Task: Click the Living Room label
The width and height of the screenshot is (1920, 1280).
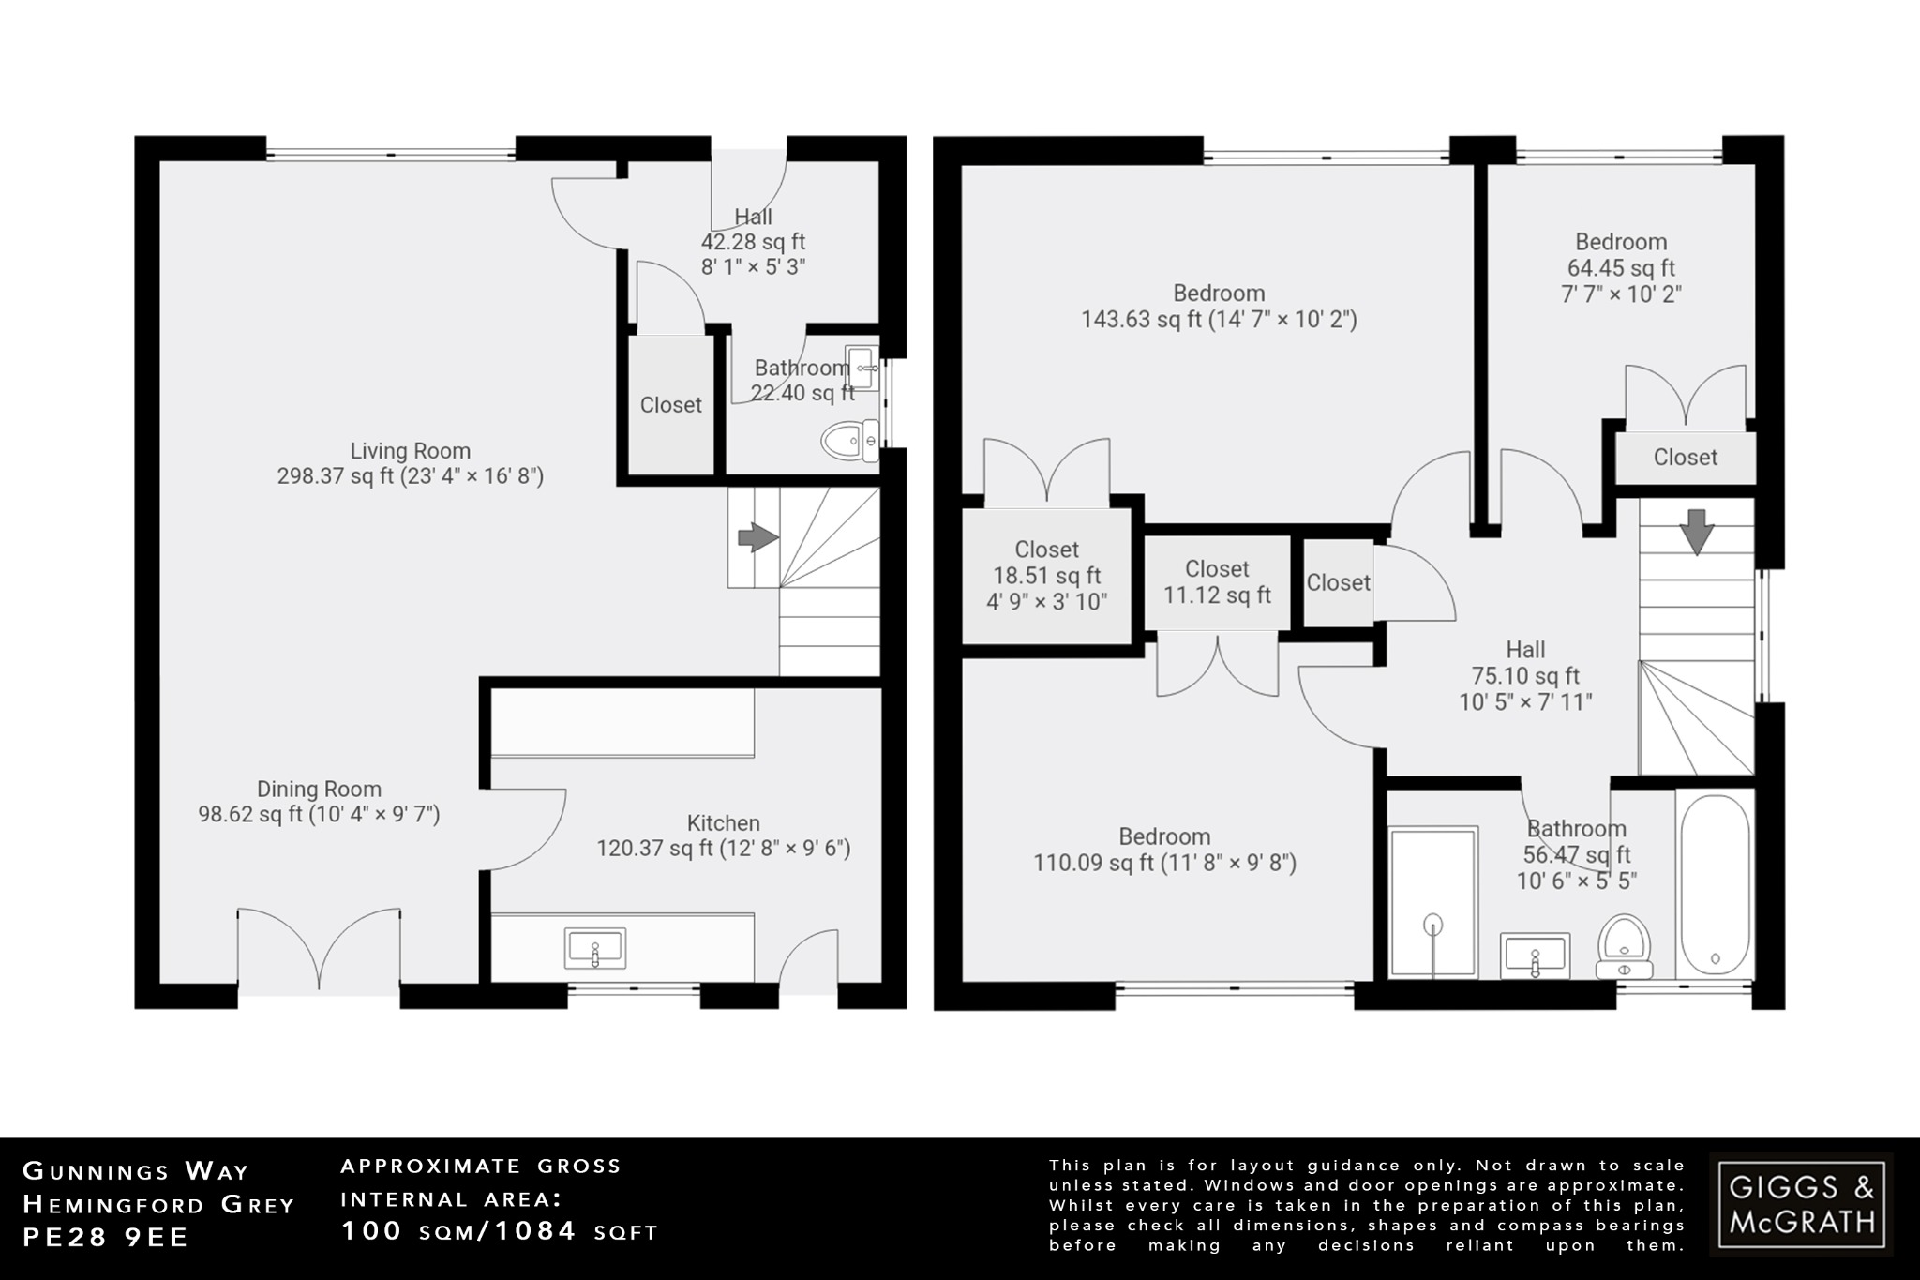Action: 410,451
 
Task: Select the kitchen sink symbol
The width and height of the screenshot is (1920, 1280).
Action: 594,949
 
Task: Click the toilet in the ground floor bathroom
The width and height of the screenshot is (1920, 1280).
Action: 849,441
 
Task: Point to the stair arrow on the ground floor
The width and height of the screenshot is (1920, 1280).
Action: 757,538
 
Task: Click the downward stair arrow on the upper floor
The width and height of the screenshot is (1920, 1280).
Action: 1697,532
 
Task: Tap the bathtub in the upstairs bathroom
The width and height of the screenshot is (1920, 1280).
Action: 1714,886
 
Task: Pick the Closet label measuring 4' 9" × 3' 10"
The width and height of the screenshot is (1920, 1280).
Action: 1046,576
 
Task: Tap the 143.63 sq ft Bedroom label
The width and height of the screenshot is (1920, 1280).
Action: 1219,294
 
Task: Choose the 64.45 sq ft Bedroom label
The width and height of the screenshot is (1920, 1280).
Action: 1621,242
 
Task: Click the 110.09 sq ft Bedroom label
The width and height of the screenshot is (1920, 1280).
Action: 1164,836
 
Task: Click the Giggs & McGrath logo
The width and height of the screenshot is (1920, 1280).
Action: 1801,1204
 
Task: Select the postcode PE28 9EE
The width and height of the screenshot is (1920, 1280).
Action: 106,1238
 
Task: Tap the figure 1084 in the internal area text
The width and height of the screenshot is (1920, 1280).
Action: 535,1230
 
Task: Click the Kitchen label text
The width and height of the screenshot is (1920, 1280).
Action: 723,823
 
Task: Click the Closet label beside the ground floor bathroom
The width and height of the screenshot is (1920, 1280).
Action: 670,405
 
